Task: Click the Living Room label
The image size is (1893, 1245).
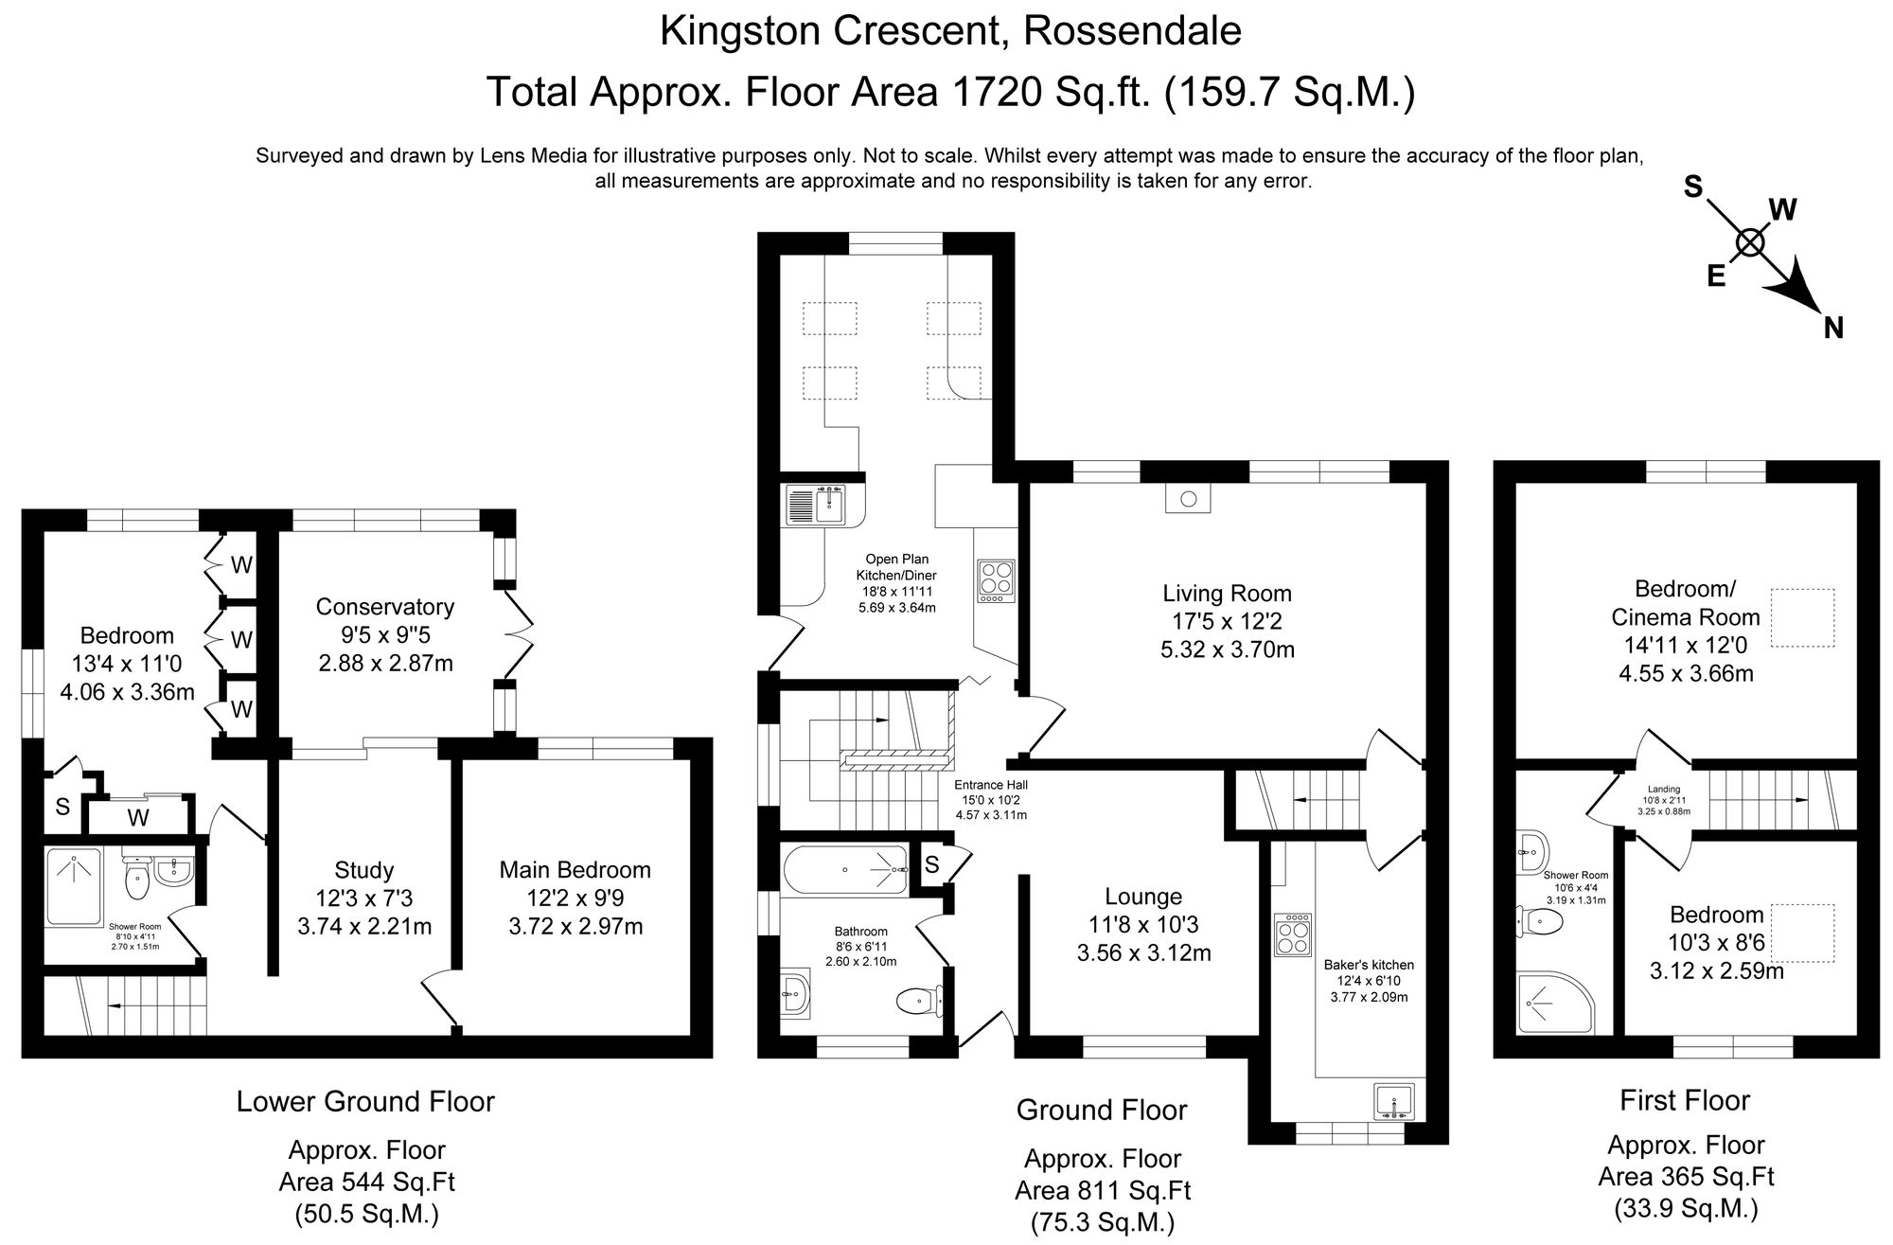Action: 1227,594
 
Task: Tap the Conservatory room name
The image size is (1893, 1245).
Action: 384,607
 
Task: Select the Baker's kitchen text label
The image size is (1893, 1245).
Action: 1369,965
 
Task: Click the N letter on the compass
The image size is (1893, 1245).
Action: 1833,329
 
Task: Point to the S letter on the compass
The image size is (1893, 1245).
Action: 1692,187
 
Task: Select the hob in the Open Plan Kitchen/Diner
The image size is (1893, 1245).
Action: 996,580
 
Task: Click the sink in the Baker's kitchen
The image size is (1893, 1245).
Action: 1394,1102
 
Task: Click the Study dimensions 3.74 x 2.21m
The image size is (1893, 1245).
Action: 364,926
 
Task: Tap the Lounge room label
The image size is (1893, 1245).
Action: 1143,897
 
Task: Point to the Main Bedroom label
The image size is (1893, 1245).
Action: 575,870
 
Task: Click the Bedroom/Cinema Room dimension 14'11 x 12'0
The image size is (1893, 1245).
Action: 1685,646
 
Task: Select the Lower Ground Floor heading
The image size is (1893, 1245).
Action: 365,1101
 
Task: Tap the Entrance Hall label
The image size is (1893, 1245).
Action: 990,785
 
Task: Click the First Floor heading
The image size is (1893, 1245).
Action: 1685,1100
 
